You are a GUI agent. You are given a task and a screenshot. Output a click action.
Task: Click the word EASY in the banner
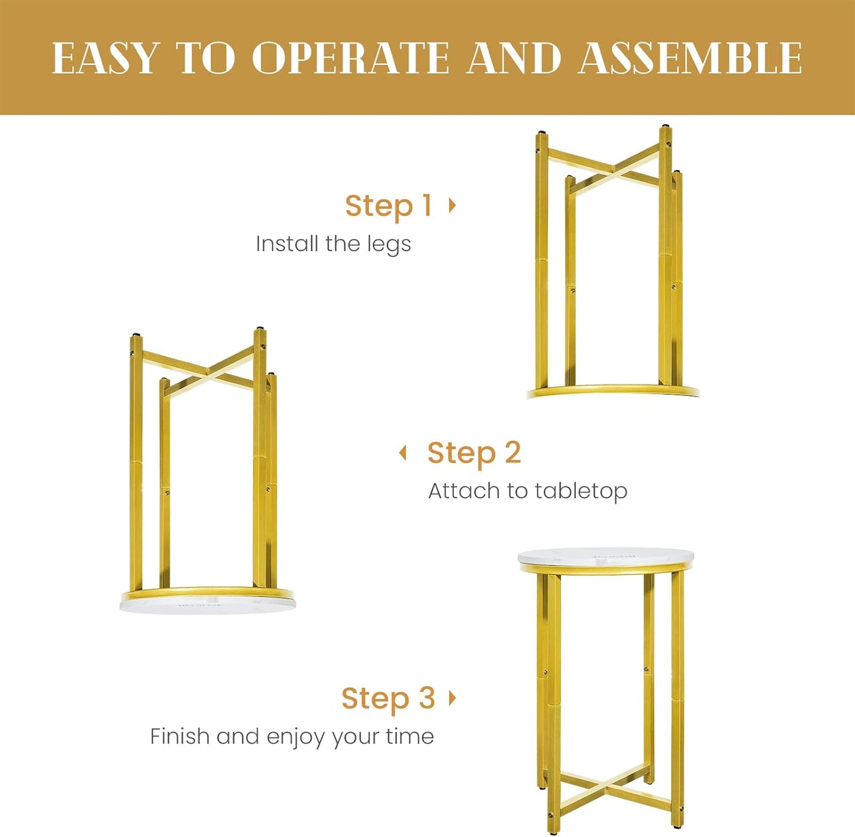click(105, 58)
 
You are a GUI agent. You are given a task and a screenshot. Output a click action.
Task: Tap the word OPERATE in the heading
click(351, 58)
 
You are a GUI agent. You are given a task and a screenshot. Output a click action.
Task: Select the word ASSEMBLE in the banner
click(690, 58)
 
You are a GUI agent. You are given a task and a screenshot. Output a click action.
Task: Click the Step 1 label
click(388, 206)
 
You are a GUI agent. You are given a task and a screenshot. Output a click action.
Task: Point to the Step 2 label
click(475, 453)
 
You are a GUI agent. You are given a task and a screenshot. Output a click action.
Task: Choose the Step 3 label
click(388, 698)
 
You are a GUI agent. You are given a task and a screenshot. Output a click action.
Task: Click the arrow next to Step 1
click(452, 205)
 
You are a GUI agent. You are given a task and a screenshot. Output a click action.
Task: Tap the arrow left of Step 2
click(403, 453)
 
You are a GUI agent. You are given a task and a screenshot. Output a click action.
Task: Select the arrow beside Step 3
click(452, 697)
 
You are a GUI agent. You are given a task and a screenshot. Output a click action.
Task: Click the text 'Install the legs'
click(334, 244)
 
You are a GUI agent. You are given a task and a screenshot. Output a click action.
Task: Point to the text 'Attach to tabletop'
click(528, 491)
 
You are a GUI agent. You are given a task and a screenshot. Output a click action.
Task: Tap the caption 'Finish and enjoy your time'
click(292, 737)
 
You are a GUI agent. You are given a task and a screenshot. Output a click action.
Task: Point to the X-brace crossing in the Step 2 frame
click(208, 371)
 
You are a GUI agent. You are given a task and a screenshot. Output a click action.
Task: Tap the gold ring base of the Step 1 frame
click(613, 391)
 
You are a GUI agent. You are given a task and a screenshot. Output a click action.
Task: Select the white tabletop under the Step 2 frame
click(208, 605)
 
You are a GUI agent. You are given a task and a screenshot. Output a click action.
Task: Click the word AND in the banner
click(514, 58)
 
